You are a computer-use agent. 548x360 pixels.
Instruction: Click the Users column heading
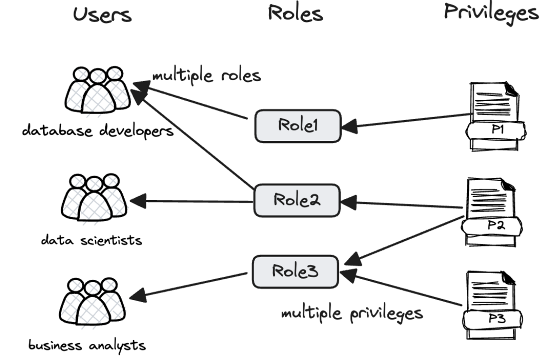(102, 15)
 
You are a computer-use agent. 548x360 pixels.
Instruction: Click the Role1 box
(298, 125)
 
